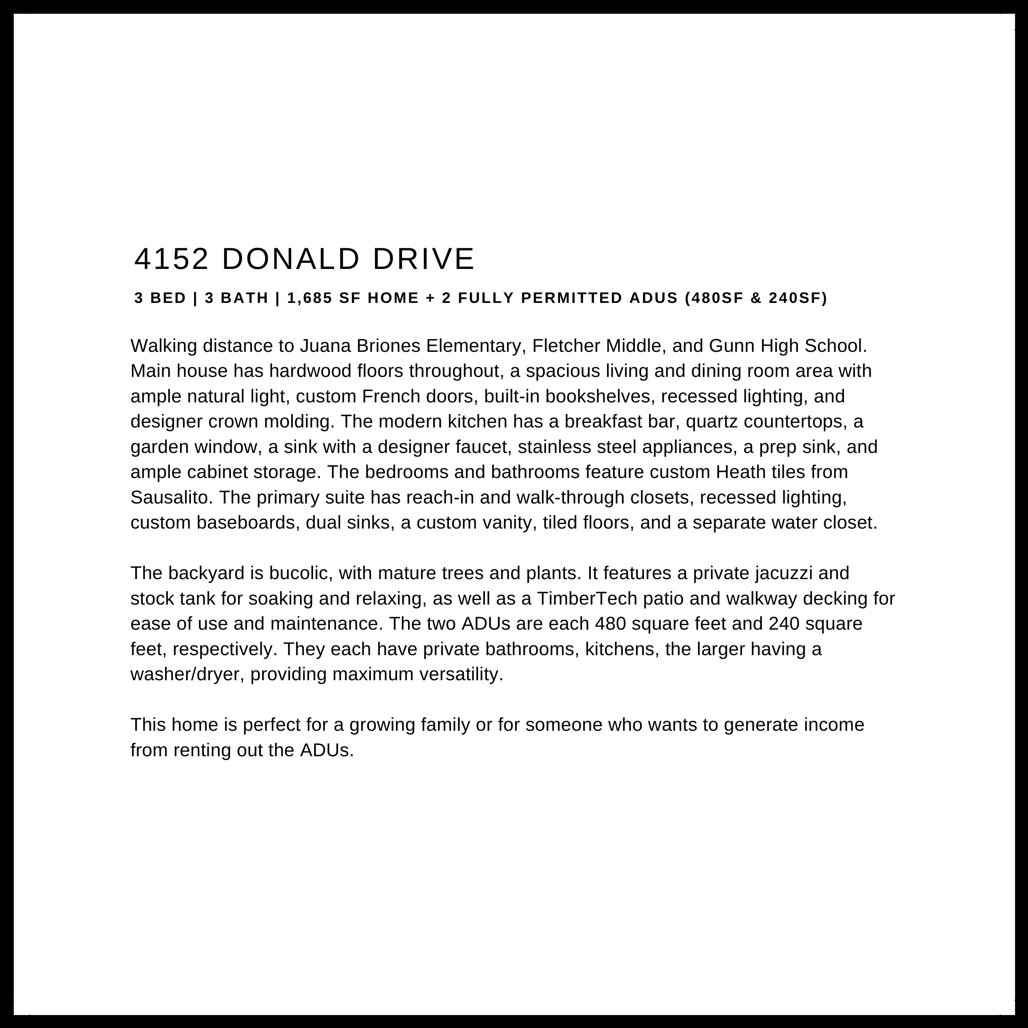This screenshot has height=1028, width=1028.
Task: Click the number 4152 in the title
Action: tap(171, 259)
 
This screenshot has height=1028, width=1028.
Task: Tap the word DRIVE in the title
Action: tap(423, 259)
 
